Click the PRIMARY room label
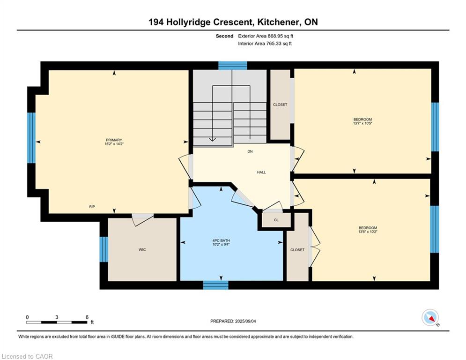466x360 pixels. pos(114,140)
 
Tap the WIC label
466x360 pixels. pos(142,250)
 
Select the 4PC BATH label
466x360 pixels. pos(221,240)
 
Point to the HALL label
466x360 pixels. pos(261,172)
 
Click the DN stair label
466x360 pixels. pos(250,151)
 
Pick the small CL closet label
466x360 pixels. pos(276,220)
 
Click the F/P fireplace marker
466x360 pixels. pos(92,206)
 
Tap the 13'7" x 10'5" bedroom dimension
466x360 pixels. pos(362,123)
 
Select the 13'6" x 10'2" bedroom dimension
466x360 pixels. pos(368,232)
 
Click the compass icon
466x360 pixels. pos(430,318)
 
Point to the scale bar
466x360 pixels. pos(57,322)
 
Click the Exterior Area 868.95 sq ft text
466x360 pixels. pos(266,36)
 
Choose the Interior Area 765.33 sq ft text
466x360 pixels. pos(265,44)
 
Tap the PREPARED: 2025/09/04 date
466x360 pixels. pos(233,321)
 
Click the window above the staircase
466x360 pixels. pos(233,66)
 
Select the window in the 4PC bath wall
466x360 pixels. pos(216,285)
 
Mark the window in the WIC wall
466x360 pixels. pos(104,249)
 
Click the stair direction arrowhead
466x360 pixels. pos(213,139)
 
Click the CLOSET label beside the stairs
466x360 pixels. pos(280,105)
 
